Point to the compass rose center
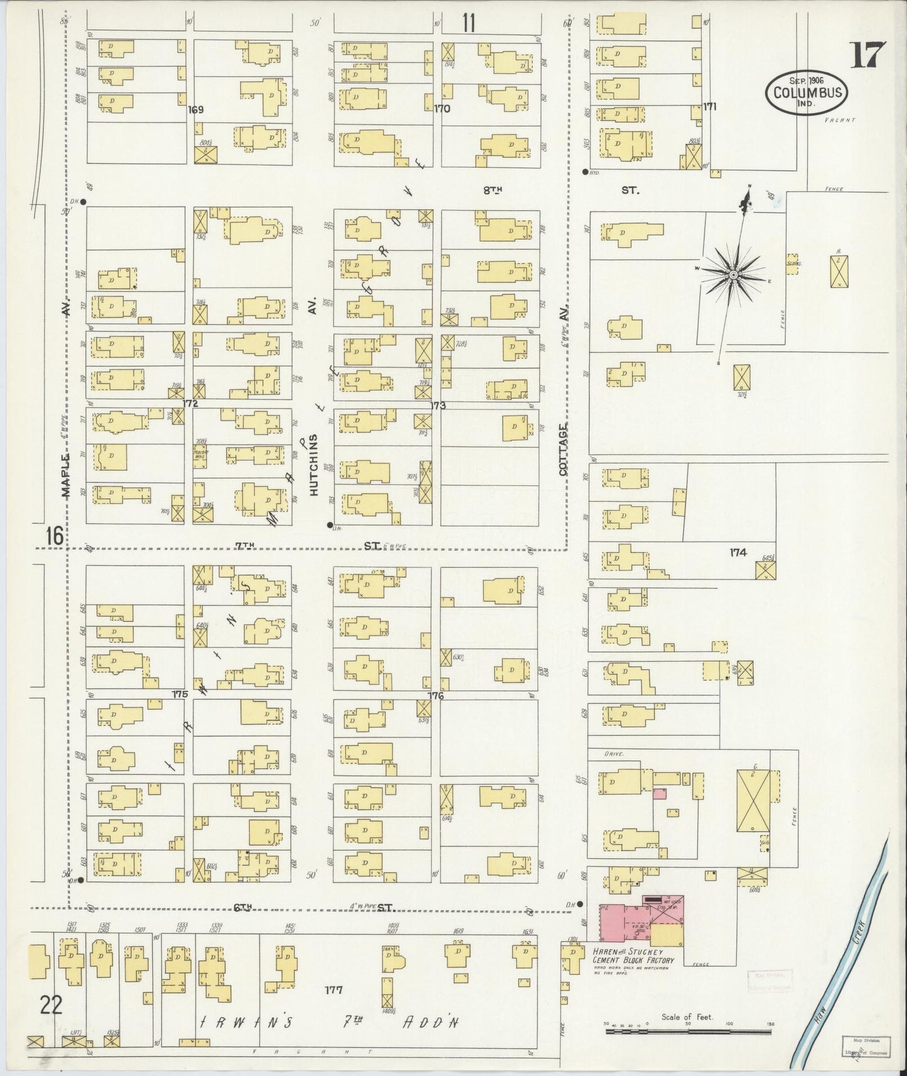[733, 275]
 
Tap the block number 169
[196, 110]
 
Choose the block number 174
[738, 552]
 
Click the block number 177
[333, 990]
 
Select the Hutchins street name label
[314, 465]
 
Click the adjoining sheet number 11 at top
[468, 23]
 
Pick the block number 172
[191, 403]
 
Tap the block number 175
[180, 694]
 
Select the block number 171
[710, 106]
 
